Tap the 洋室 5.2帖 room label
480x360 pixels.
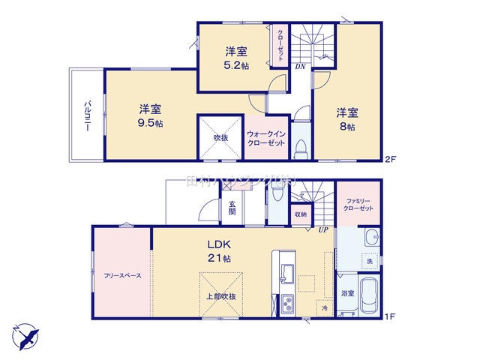pos(237,58)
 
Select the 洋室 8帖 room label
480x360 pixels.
pos(346,120)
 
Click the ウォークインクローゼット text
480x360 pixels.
pos(265,138)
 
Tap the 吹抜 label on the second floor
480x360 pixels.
pos(220,137)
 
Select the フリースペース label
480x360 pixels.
pos(123,275)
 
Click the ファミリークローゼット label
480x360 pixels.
pos(355,204)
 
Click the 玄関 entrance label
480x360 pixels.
pos(232,207)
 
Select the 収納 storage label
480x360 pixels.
pos(300,214)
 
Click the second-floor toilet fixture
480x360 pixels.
pos(300,146)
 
